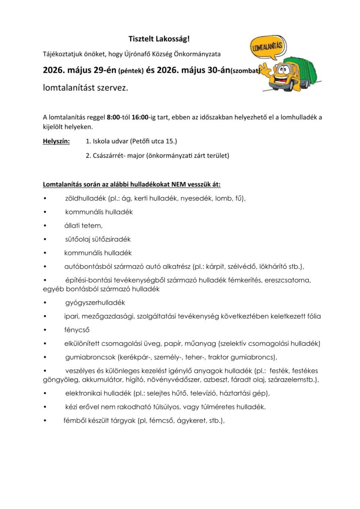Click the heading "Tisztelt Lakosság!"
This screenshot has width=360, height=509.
click(x=159, y=39)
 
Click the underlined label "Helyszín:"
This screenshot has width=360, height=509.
click(x=56, y=141)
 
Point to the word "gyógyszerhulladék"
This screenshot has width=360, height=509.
click(x=95, y=302)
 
